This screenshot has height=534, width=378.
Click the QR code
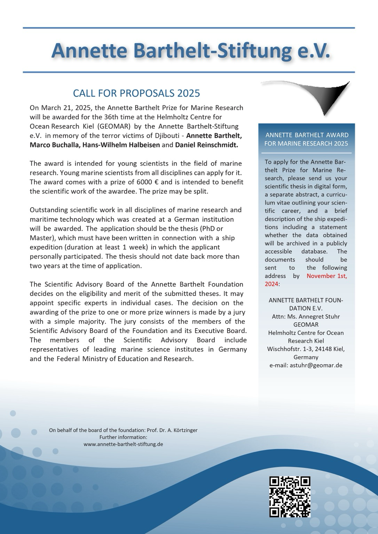290,497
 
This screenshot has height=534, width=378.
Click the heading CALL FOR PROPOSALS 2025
136,93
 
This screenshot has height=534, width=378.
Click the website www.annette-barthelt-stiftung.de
123,444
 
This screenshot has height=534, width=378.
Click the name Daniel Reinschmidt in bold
206,145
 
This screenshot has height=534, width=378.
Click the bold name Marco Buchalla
55,145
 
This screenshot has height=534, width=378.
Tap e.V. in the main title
313,50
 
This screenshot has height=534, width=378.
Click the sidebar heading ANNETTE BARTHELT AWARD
306,135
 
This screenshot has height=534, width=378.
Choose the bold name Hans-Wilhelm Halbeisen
121,145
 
